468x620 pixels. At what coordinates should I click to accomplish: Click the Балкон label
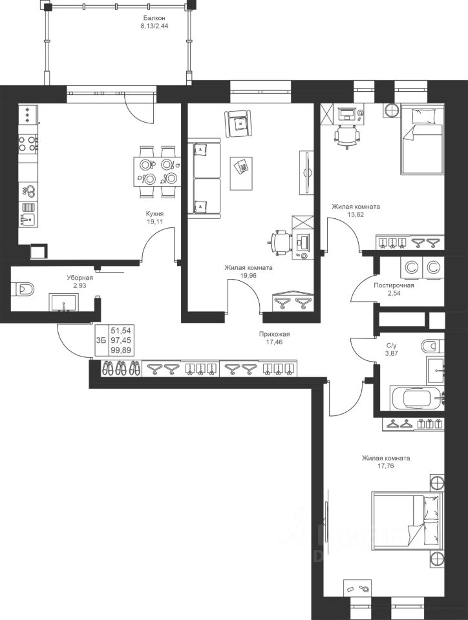(x=154, y=18)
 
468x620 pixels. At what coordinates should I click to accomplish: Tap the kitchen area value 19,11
(x=155, y=222)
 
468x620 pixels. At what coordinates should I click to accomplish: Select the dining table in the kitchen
(x=156, y=172)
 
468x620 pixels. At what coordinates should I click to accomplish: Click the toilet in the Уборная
(x=25, y=289)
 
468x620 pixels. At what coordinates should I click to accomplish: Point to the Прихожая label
(x=275, y=334)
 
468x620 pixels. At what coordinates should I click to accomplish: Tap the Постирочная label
(x=394, y=285)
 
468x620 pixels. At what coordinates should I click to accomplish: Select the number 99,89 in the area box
(x=121, y=350)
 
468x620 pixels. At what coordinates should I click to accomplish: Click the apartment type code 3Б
(x=101, y=340)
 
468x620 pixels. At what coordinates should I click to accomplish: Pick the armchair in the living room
(x=238, y=123)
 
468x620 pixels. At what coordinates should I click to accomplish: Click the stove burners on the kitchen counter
(x=27, y=143)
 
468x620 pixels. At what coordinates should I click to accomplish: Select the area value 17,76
(x=386, y=466)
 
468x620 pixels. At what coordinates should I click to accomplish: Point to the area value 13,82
(x=356, y=214)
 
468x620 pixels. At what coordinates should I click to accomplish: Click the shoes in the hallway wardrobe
(x=122, y=368)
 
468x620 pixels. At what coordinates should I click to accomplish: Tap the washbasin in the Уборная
(x=65, y=302)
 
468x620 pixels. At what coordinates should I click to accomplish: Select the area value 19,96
(x=248, y=276)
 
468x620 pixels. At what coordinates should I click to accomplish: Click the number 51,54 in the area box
(x=121, y=331)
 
